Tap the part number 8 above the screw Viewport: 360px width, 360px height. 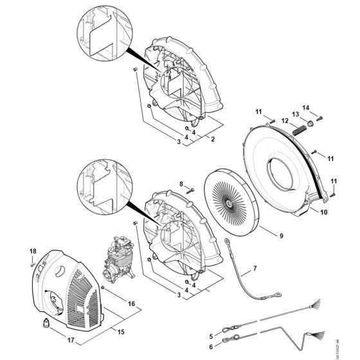coord(182,184)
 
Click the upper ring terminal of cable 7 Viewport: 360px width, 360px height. coord(228,243)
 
